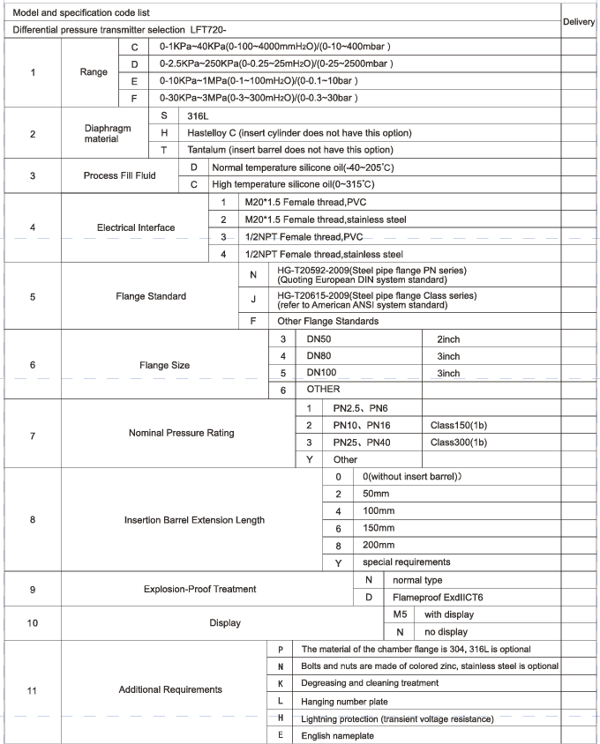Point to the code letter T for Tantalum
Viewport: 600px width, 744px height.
[164, 150]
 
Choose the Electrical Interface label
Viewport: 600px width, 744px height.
[135, 227]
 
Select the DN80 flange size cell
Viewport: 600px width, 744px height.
[320, 356]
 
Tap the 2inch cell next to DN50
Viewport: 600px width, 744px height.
[448, 339]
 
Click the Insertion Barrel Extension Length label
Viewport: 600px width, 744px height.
[194, 520]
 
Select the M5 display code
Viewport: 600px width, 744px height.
[400, 614]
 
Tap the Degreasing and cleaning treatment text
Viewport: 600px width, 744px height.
[370, 682]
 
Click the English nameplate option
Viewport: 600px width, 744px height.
[338, 735]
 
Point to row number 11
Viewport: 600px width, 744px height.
[33, 690]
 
